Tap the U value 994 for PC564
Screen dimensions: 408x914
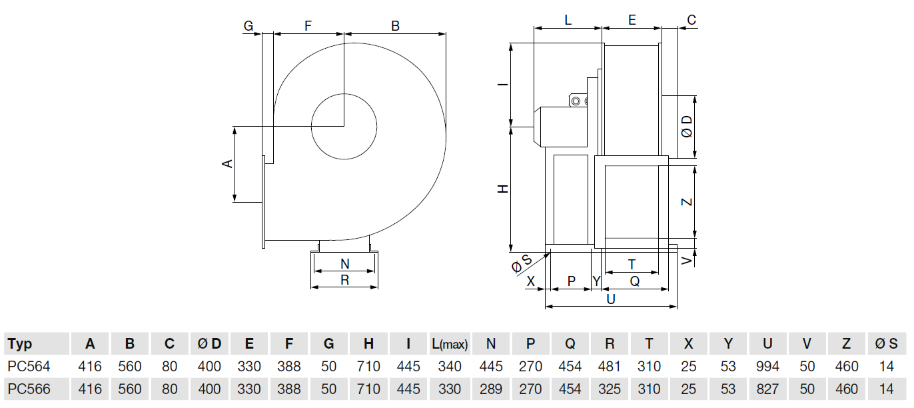[x=767, y=366]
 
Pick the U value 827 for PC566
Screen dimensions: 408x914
[x=767, y=389]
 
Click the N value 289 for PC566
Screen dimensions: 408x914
[x=490, y=389]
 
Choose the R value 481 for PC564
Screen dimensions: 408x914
[x=610, y=366]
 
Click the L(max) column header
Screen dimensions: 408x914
[x=450, y=344]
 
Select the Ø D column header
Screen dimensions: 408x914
[x=209, y=344]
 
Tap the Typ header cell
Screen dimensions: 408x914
[x=20, y=344]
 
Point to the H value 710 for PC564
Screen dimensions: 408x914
[x=368, y=366]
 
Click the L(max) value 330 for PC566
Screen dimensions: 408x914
[x=450, y=389]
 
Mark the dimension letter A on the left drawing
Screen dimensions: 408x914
[x=227, y=163]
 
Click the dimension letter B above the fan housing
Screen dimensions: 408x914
[x=395, y=26]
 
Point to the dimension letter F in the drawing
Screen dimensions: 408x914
[x=308, y=26]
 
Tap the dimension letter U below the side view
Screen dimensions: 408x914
[x=610, y=299]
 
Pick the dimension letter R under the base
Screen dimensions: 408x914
[x=344, y=280]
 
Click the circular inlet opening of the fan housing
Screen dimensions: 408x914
[x=344, y=126]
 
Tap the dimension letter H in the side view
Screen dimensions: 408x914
[x=503, y=189]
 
